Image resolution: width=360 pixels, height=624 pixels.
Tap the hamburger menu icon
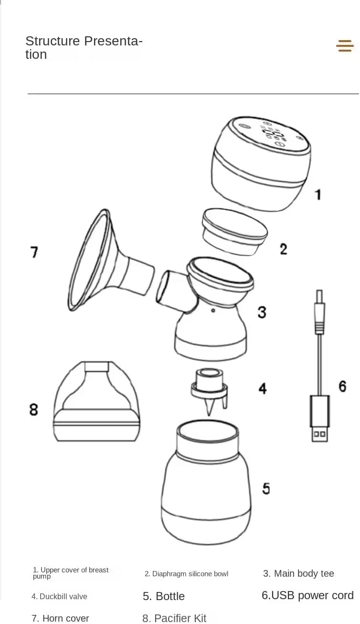click(345, 46)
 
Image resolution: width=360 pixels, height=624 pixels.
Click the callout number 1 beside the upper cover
click(318, 195)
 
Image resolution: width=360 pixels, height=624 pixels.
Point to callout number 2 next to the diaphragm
click(283, 249)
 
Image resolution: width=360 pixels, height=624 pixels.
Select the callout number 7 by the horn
click(34, 252)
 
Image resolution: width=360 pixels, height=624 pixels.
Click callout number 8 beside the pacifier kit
click(34, 409)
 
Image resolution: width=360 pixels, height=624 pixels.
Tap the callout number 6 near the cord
click(342, 387)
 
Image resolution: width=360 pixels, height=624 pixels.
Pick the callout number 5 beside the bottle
click(266, 489)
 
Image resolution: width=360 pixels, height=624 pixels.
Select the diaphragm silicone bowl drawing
click(235, 232)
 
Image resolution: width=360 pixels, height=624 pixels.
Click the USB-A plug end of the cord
click(319, 419)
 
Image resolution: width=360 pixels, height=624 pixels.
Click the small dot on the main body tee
click(213, 311)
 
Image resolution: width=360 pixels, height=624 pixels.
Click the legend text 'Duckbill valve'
click(64, 596)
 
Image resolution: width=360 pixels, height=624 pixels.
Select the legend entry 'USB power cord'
click(312, 595)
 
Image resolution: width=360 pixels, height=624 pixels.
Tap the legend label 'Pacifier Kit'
click(180, 618)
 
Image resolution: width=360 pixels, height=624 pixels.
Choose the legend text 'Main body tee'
click(304, 573)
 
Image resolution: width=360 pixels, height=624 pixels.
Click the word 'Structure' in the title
click(53, 41)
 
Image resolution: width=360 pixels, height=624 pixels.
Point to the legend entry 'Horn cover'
click(66, 618)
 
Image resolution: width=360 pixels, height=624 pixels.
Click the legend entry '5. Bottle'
click(164, 596)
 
